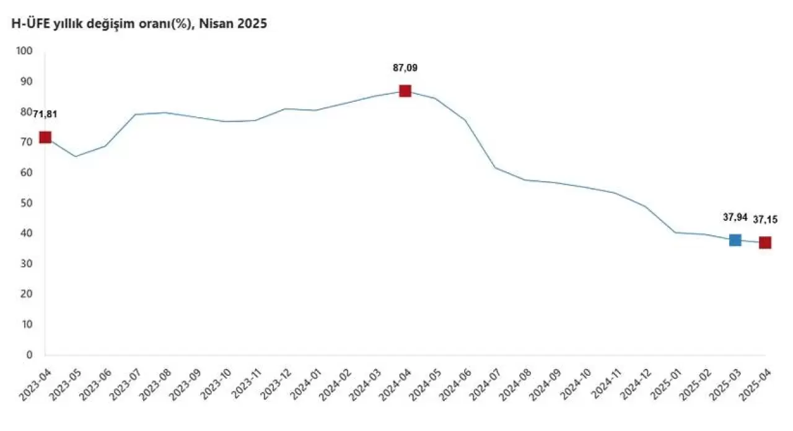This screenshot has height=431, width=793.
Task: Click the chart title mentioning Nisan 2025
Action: (136, 24)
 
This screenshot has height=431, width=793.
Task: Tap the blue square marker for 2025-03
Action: (735, 240)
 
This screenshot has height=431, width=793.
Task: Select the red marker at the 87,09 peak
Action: (405, 91)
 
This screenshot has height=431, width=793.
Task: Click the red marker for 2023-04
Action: (45, 137)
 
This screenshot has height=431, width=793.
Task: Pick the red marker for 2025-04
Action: (765, 242)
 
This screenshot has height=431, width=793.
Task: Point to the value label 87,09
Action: (405, 68)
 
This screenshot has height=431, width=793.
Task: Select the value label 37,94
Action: (735, 217)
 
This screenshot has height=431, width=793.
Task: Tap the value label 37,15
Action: (766, 219)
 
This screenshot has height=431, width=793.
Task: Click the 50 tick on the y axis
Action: (26, 203)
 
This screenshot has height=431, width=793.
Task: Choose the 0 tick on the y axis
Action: (28, 355)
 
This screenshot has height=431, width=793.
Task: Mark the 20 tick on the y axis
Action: (26, 294)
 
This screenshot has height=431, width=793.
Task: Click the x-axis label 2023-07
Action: (123, 385)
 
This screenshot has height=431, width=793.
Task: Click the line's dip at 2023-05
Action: (75, 156)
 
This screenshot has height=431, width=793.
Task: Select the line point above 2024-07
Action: (494, 167)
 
